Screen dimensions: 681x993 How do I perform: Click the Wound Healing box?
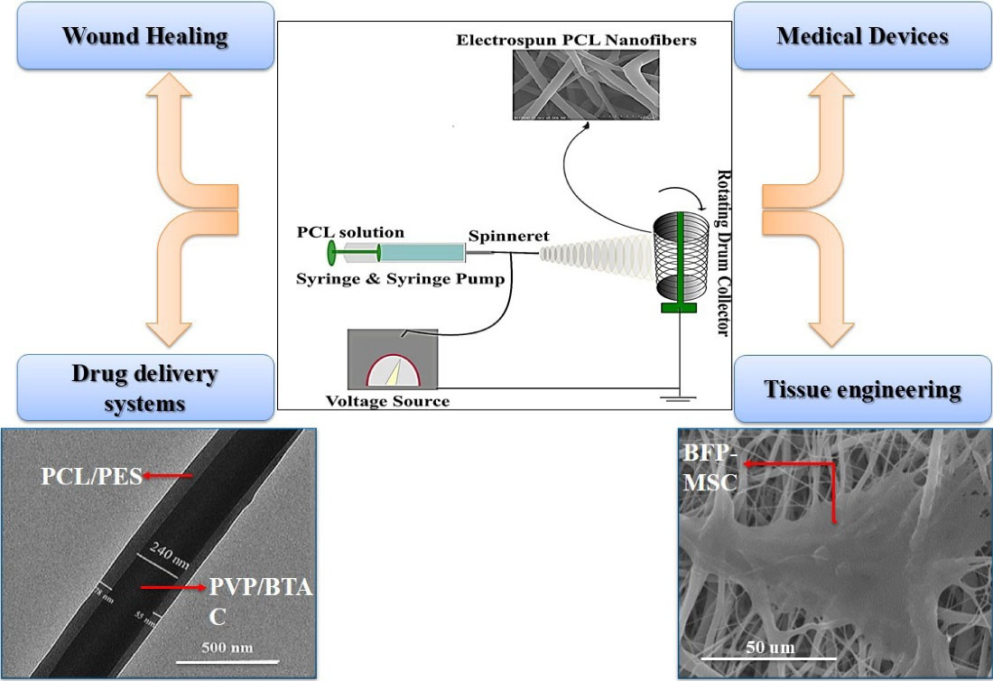click(145, 36)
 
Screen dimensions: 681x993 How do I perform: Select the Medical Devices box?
click(862, 36)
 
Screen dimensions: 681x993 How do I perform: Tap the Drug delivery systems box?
click(145, 387)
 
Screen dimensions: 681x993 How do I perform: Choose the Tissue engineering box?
click(862, 389)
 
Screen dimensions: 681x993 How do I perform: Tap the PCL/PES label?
click(91, 475)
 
